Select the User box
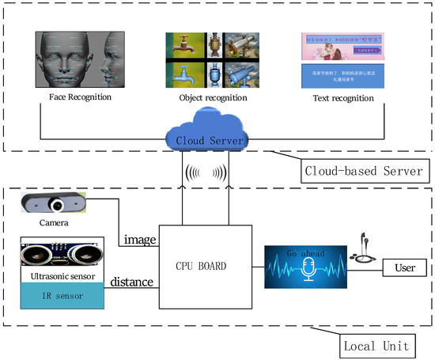point(404,268)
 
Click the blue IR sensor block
point(61,295)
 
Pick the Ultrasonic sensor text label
point(61,276)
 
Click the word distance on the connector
point(132,281)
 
